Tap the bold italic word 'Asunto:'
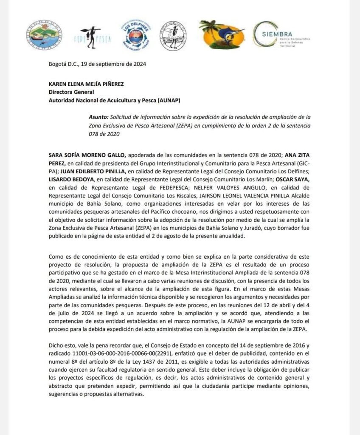coord(98,116)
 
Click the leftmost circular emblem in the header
coord(44,34)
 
